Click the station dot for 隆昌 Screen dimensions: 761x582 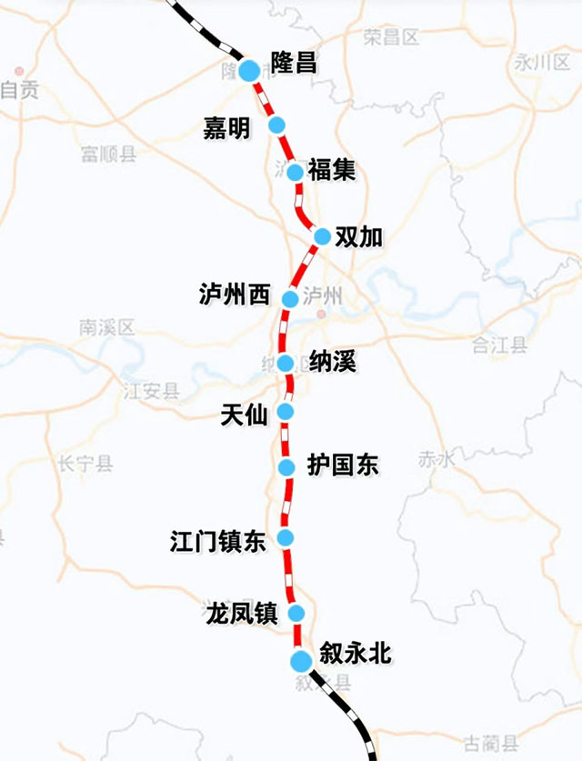click(x=248, y=70)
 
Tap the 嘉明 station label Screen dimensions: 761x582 click(x=226, y=129)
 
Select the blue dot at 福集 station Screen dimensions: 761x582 click(x=295, y=172)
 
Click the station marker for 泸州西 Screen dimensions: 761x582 click(x=291, y=298)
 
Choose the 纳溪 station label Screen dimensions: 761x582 click(x=333, y=362)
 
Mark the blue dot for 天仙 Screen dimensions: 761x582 click(x=286, y=412)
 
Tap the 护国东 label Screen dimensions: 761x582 click(x=343, y=466)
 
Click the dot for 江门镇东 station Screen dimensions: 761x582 click(x=286, y=537)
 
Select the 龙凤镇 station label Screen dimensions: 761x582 click(x=241, y=614)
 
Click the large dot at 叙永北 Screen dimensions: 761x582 click(x=301, y=661)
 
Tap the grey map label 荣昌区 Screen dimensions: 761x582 click(x=390, y=37)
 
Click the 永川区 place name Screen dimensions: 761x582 click(x=540, y=62)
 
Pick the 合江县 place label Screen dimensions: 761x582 click(x=500, y=344)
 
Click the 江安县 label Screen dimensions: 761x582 click(x=152, y=391)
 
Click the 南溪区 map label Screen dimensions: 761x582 click(x=106, y=326)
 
